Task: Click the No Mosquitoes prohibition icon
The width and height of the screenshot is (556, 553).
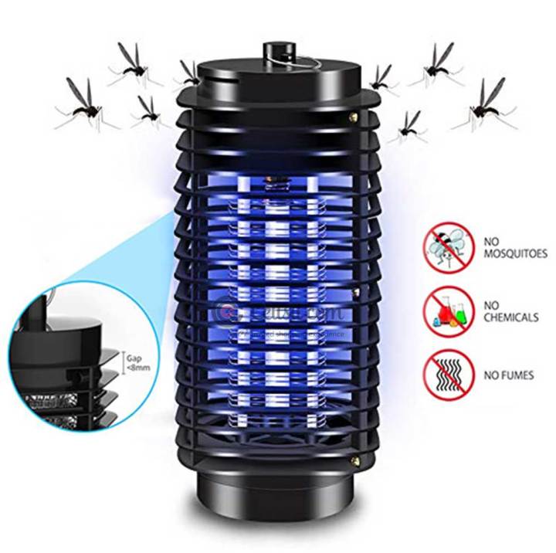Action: (x=447, y=246)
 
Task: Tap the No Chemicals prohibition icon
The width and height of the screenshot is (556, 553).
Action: (x=447, y=309)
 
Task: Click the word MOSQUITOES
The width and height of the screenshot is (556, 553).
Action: (x=516, y=253)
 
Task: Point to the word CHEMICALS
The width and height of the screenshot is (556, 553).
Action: (x=513, y=317)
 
